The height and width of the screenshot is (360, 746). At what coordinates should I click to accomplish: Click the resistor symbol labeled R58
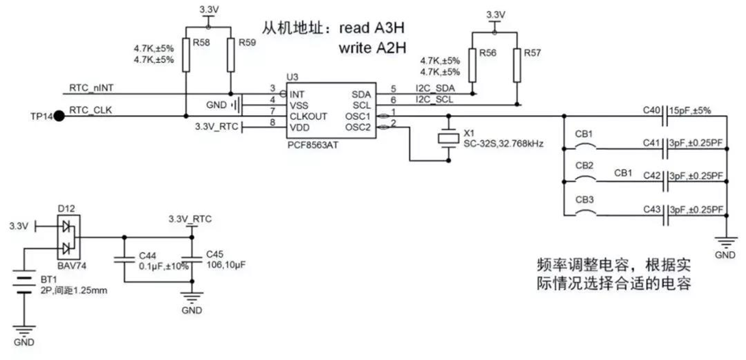(x=185, y=55)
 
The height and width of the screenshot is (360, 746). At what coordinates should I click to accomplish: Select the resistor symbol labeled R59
(x=231, y=55)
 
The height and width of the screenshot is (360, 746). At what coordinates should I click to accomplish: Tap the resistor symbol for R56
(x=472, y=64)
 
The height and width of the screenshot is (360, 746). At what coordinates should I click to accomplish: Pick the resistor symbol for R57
(x=517, y=64)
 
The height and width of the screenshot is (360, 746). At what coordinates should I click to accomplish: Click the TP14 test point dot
(x=59, y=116)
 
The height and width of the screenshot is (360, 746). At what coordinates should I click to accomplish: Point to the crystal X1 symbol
(x=448, y=138)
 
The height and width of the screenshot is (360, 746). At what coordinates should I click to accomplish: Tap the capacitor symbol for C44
(x=124, y=261)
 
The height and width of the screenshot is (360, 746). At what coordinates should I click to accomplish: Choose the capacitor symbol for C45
(x=192, y=261)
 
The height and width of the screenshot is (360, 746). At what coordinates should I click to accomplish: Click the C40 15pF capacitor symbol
(x=665, y=116)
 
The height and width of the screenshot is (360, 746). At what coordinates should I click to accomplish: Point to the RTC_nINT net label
(x=91, y=88)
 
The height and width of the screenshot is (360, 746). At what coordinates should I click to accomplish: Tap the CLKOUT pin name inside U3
(x=308, y=116)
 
